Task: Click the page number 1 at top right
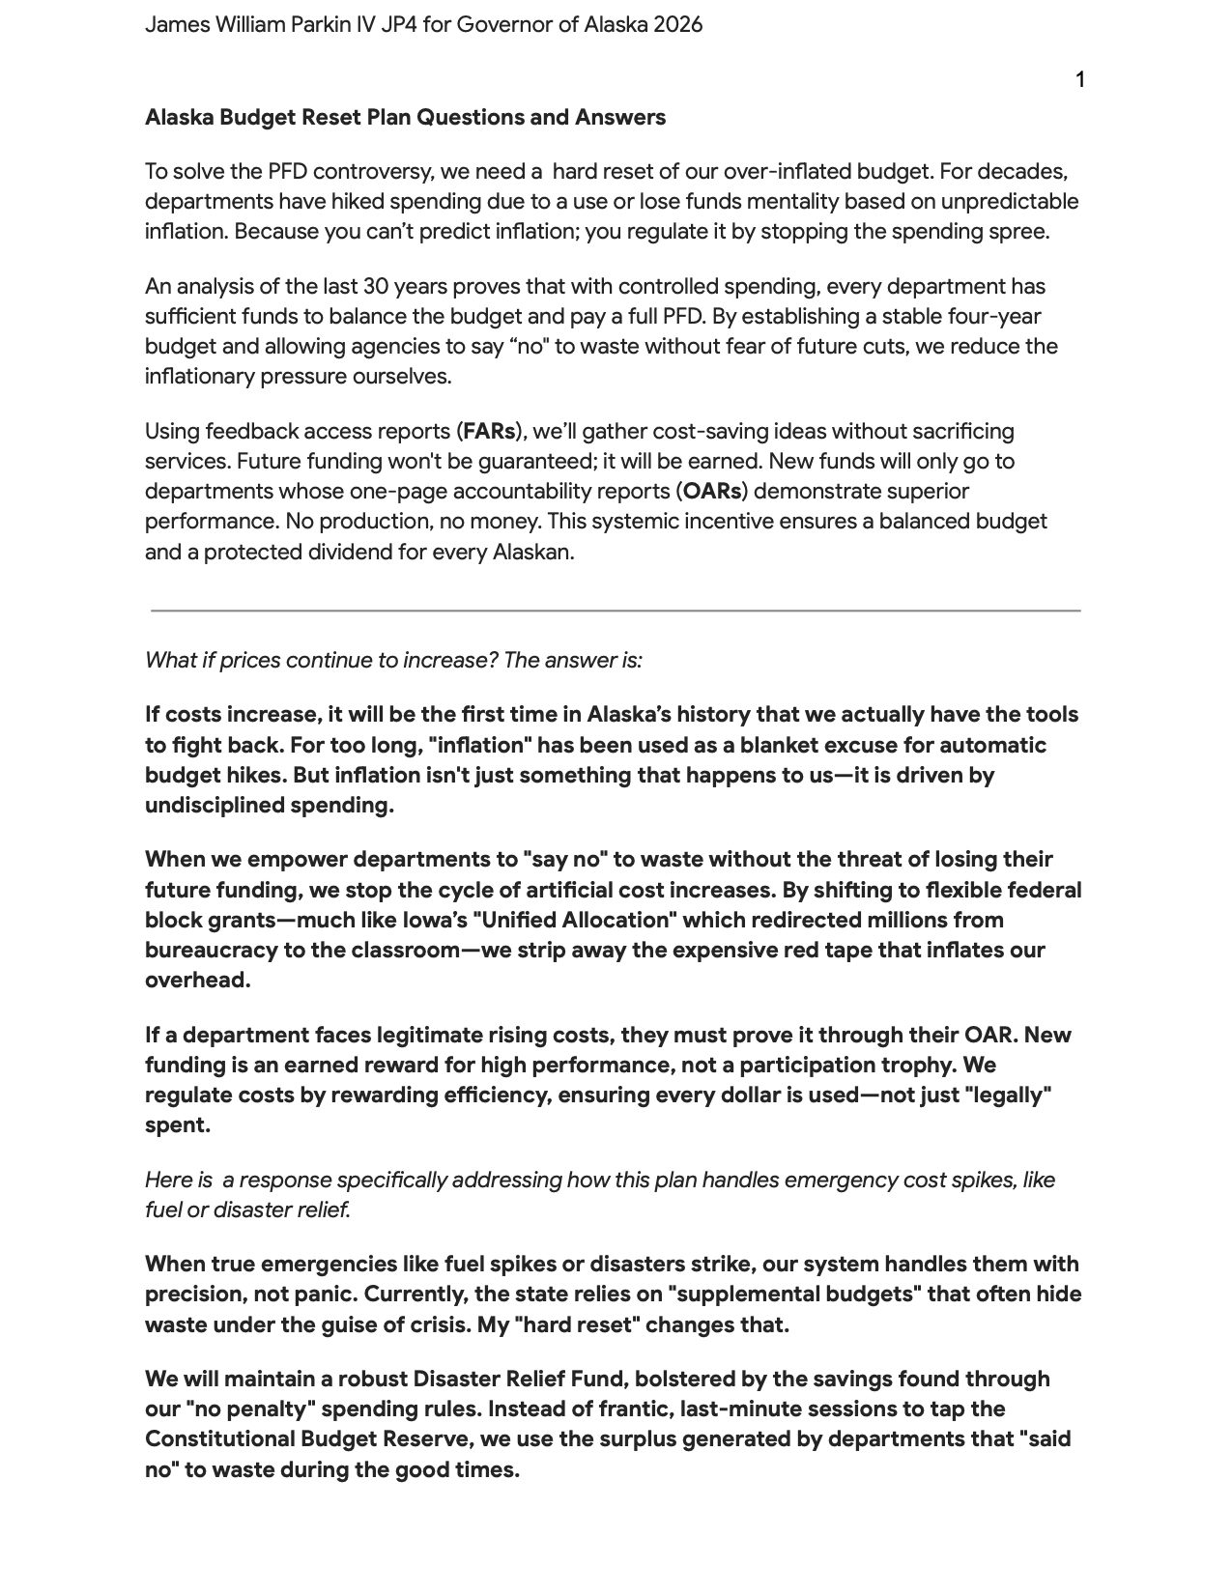coord(1080,80)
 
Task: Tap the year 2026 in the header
coord(677,25)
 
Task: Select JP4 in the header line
coord(395,25)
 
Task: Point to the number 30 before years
coord(376,287)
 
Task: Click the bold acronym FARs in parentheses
coord(489,431)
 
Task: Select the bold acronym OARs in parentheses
coord(713,491)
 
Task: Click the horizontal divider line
coord(615,611)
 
